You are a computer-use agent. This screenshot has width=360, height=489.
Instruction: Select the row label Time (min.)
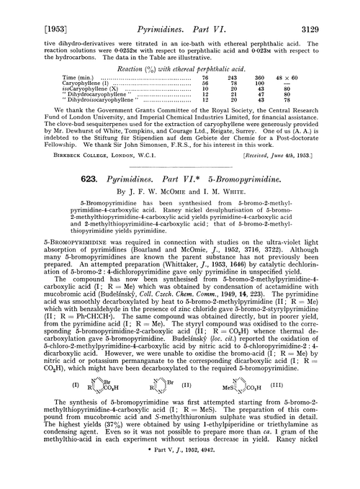[x=79, y=76]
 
